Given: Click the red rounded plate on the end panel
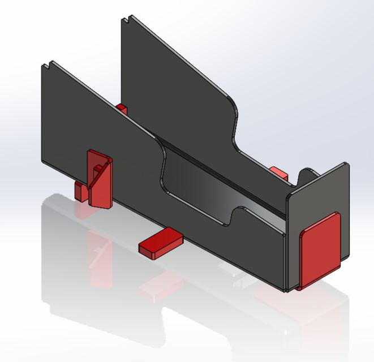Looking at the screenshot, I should pyautogui.click(x=320, y=250).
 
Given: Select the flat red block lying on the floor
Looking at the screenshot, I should pyautogui.click(x=161, y=242).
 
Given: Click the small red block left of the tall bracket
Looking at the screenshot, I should pyautogui.click(x=80, y=191).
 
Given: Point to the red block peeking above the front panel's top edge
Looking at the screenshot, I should pyautogui.click(x=122, y=108).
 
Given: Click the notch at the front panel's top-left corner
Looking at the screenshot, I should pyautogui.click(x=52, y=63).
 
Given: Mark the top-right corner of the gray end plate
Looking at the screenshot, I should pyautogui.click(x=346, y=165).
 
